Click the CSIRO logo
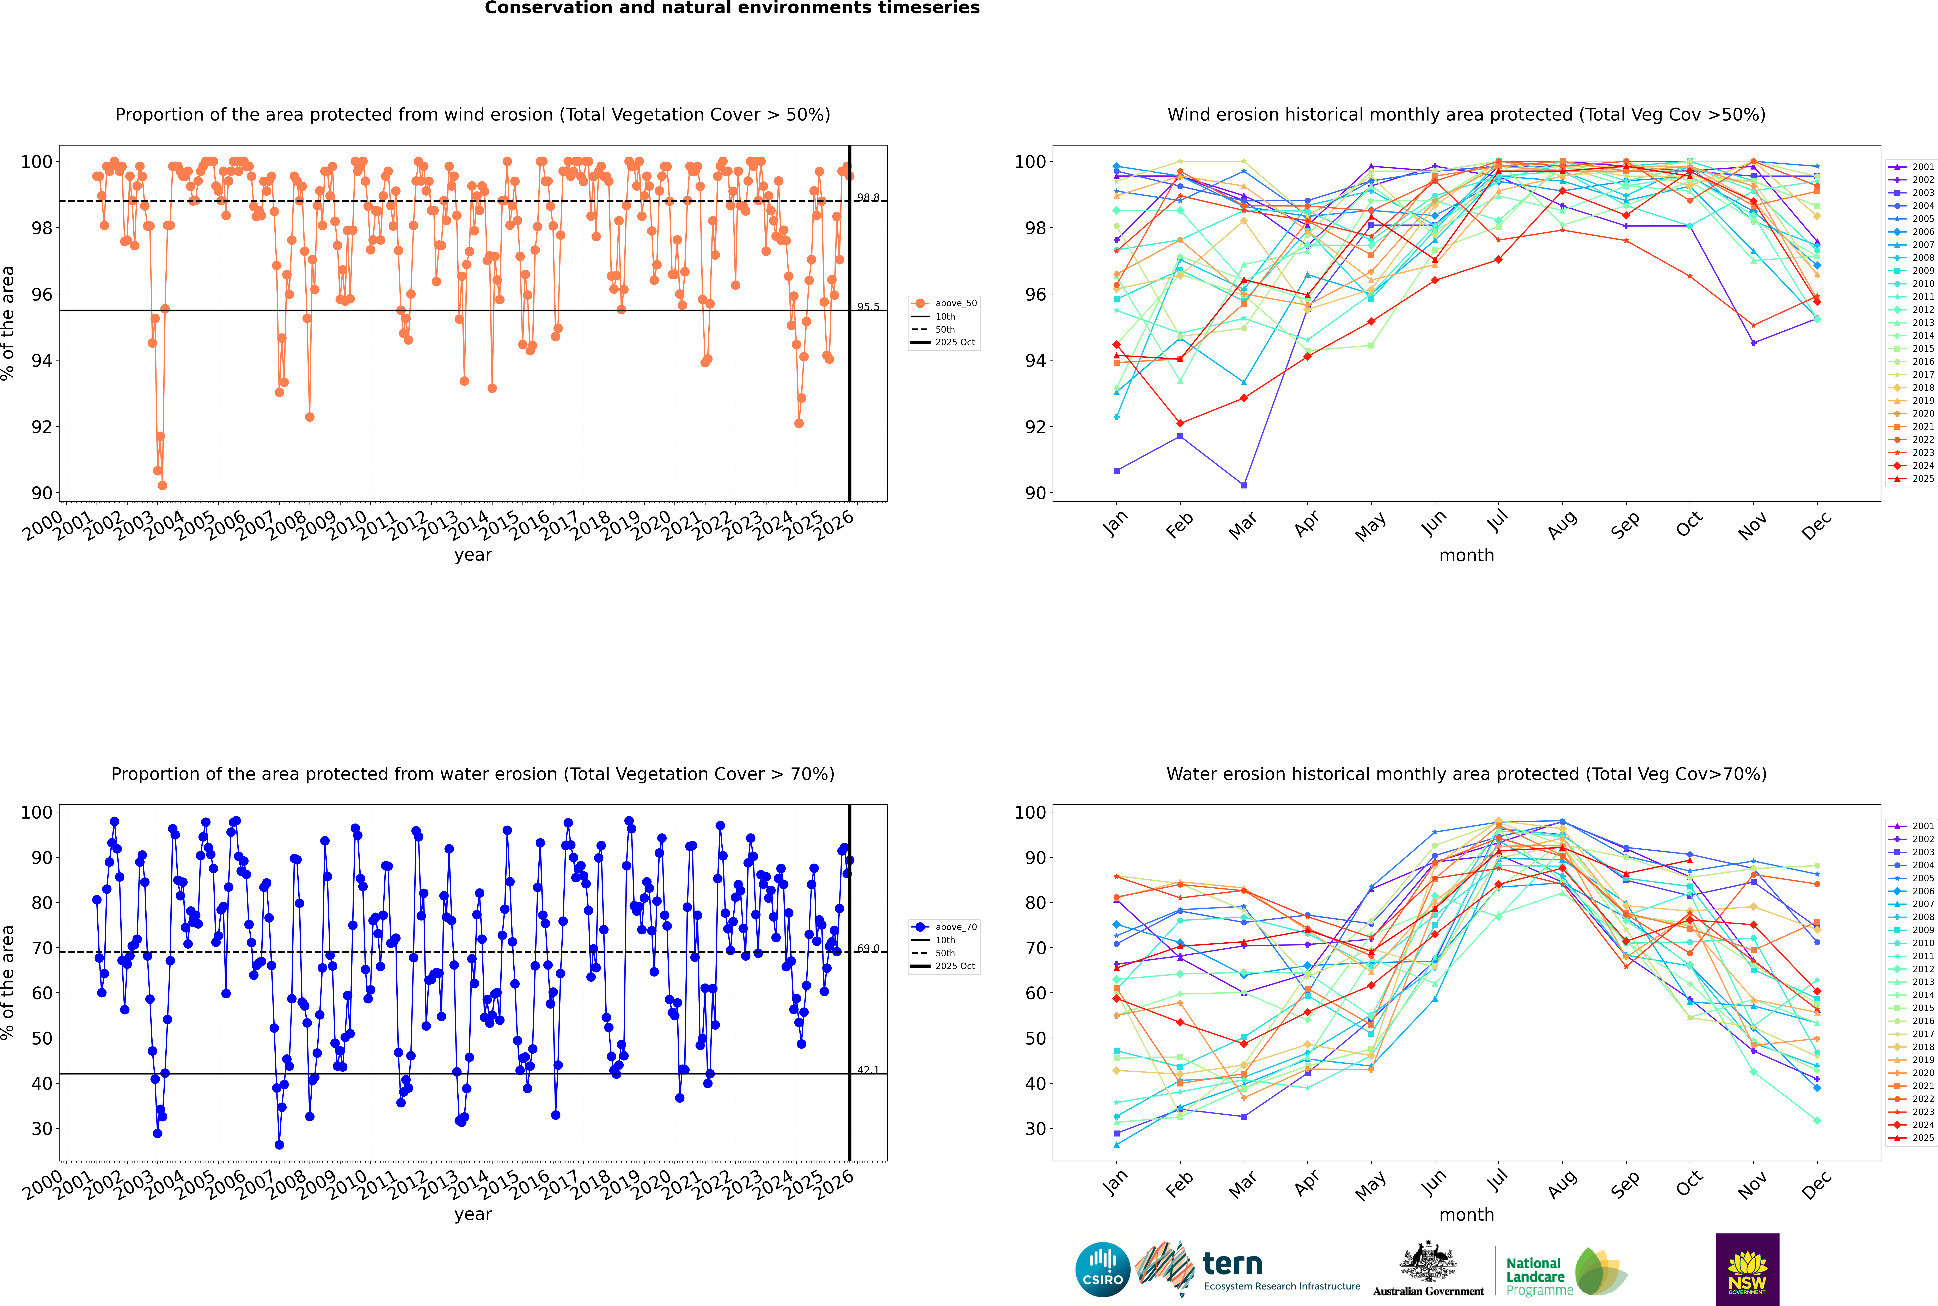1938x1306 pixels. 1102,1269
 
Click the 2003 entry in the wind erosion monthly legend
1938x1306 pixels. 1911,192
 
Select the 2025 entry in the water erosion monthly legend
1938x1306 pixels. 1911,1138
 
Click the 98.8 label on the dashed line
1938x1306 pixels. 868,197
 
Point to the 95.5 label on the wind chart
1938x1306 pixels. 868,307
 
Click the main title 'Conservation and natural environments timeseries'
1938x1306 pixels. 732,8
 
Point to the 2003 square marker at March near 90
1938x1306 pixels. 1244,485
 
